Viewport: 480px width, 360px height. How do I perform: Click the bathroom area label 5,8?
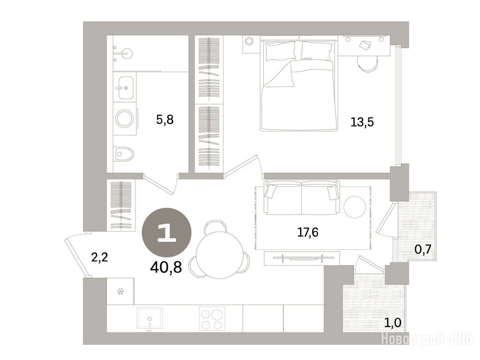[165, 120]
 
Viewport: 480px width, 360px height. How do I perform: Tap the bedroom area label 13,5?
[362, 122]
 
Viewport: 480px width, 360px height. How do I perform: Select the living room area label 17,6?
[308, 232]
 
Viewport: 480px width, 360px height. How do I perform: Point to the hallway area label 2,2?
[100, 257]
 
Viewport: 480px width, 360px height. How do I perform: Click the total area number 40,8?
[166, 267]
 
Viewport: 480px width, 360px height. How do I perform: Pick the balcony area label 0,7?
[423, 249]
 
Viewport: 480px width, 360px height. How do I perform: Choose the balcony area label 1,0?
[393, 322]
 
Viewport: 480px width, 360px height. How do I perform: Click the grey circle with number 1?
[166, 232]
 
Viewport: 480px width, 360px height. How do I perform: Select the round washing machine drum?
[125, 119]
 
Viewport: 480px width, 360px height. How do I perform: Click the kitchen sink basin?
[150, 318]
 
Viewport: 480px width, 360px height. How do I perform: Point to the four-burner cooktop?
[212, 318]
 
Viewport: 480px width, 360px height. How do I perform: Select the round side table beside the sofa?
[354, 207]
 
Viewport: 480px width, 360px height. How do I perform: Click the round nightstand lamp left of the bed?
[249, 41]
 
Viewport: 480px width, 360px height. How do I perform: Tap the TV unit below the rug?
[302, 258]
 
